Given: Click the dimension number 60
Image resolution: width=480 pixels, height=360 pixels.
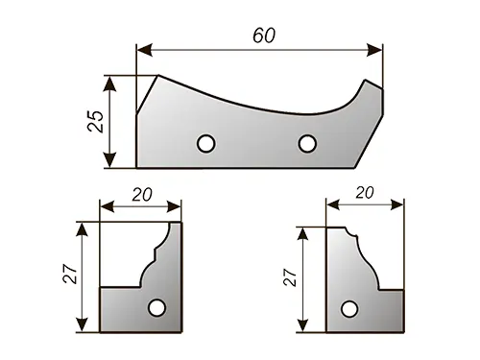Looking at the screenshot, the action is (264, 36).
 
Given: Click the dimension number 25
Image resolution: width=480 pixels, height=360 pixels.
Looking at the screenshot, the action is (96, 121).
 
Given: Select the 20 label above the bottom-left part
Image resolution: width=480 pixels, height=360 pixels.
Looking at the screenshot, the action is (142, 195).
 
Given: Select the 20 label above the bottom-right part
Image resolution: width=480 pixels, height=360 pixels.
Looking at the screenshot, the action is (365, 193).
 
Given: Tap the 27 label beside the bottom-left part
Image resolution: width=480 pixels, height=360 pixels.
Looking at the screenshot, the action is (70, 274).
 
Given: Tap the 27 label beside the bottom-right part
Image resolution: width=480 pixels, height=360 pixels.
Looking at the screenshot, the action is (290, 277).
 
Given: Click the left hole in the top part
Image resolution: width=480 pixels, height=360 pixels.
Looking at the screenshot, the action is (206, 144).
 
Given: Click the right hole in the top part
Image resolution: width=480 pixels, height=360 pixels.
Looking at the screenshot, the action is (307, 143).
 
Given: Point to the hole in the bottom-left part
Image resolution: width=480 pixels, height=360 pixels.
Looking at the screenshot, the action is (156, 308).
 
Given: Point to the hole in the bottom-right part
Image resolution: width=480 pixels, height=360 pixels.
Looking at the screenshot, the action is (349, 309).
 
